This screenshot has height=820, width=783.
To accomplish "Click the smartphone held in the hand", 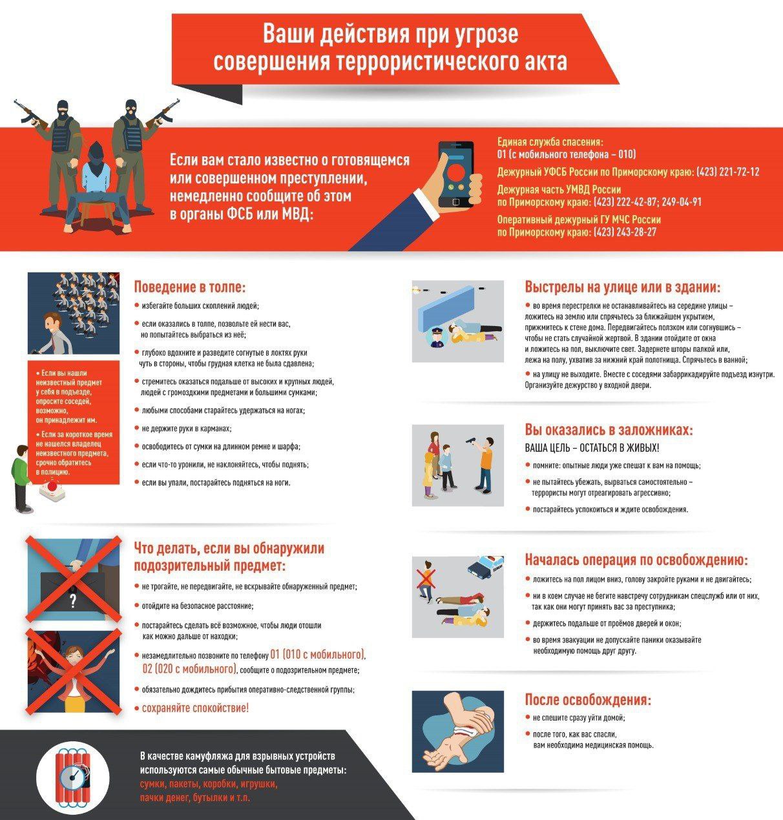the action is click(x=455, y=174).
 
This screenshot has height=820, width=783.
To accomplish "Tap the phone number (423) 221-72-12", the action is click(x=728, y=172).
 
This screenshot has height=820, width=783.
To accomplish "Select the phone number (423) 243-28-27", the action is click(x=625, y=232).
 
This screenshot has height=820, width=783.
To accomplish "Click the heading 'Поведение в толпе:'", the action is click(x=190, y=287).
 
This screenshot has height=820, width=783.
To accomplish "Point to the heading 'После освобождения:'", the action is click(x=588, y=699).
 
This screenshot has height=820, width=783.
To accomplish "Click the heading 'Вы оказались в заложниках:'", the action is click(x=609, y=430).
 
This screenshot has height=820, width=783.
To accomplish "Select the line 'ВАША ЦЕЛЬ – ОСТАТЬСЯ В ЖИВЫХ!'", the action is click(x=592, y=448).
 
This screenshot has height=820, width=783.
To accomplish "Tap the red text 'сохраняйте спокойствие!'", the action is click(x=195, y=708).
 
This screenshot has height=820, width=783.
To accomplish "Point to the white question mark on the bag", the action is click(x=73, y=601).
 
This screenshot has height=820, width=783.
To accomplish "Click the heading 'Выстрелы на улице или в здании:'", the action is click(x=623, y=287).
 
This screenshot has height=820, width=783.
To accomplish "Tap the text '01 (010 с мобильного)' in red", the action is click(x=318, y=655).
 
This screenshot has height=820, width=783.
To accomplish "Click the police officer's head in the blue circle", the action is click(x=437, y=334).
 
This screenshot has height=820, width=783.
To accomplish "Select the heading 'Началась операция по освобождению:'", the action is click(x=636, y=560).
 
